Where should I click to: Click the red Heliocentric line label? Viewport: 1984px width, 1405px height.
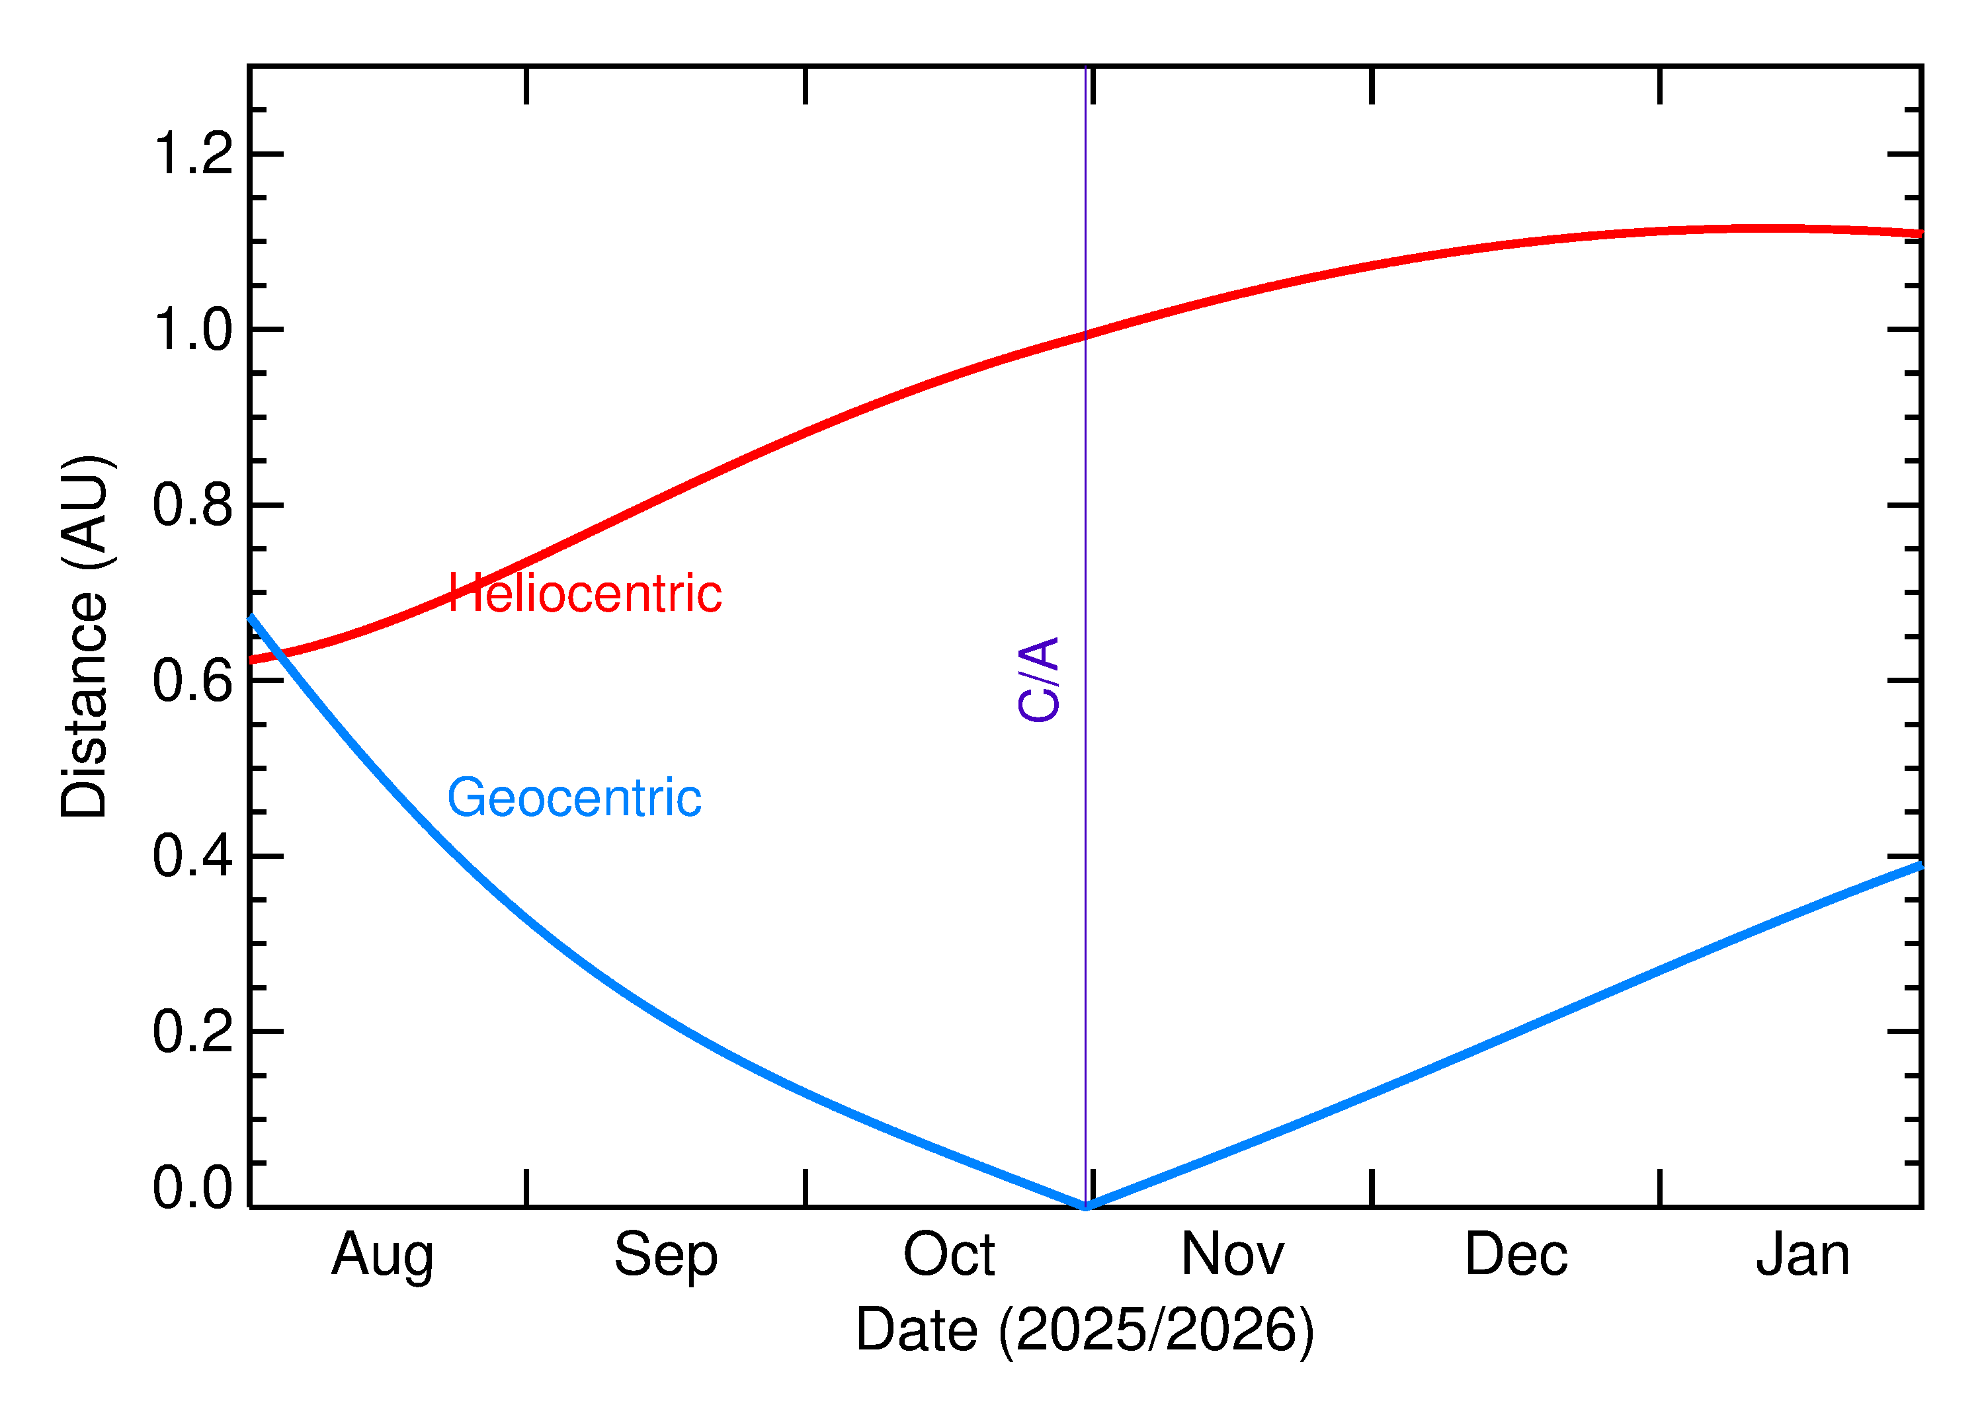pos(585,594)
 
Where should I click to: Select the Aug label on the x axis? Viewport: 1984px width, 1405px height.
pos(382,1257)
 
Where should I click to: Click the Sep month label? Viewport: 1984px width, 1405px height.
pos(665,1257)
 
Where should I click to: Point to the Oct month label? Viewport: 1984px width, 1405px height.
pos(949,1256)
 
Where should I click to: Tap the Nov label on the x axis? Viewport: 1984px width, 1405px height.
pos(1232,1256)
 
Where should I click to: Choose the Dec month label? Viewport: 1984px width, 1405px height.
pos(1516,1256)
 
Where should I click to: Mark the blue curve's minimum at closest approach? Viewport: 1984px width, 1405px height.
pos(1085,1206)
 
